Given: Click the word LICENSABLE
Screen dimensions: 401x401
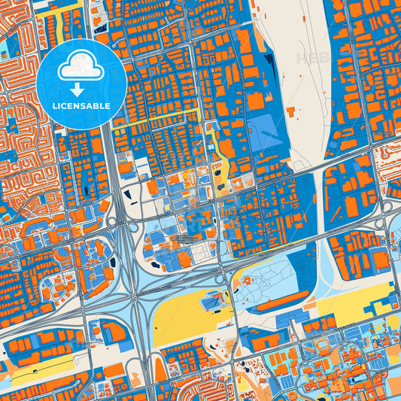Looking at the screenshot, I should coord(82,106).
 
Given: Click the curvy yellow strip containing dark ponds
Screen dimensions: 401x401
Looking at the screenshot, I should coord(223,162).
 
